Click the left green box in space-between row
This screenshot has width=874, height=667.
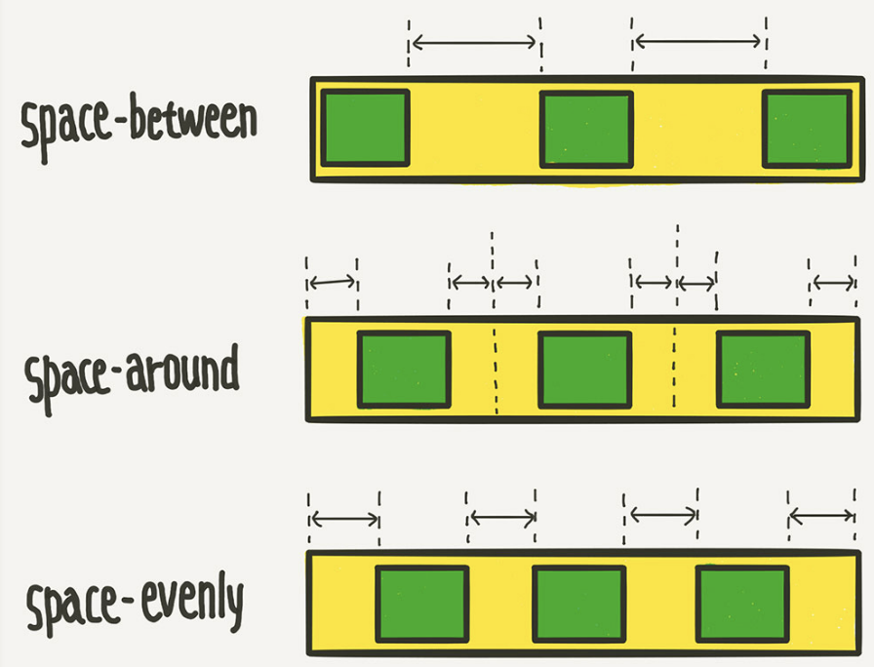click(x=365, y=128)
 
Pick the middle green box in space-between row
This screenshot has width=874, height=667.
click(x=586, y=129)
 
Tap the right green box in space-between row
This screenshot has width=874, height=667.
click(x=807, y=129)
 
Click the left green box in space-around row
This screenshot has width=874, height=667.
click(x=404, y=370)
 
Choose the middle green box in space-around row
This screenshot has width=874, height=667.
click(x=584, y=370)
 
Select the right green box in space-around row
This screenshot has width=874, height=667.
click(x=763, y=370)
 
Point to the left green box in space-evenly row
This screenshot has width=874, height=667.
click(x=421, y=605)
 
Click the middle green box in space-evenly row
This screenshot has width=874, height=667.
click(x=579, y=605)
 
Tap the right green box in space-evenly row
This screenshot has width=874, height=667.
click(x=741, y=605)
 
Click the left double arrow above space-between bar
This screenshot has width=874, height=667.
click(x=474, y=42)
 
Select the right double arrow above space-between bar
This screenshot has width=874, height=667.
click(x=698, y=41)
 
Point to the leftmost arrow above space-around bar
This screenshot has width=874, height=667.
click(x=332, y=283)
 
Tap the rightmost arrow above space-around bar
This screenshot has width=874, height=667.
click(x=834, y=283)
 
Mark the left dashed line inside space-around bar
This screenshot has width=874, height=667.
click(x=496, y=370)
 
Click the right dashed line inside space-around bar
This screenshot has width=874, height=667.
click(x=674, y=370)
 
